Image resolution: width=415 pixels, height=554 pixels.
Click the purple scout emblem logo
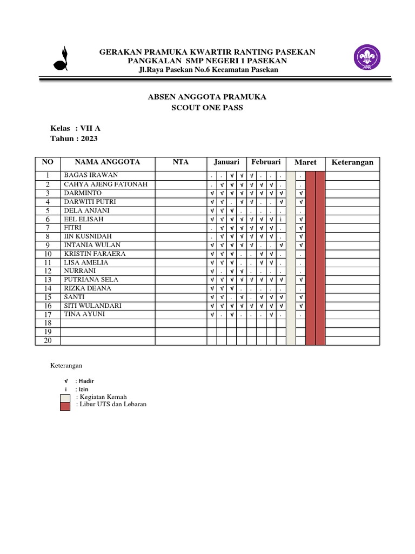point(367,58)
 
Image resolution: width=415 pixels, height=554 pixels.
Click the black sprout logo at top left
point(61,59)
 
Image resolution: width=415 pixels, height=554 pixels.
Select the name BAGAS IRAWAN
point(91,175)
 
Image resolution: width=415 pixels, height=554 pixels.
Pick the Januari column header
point(226,162)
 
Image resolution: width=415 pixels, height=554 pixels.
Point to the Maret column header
point(305,162)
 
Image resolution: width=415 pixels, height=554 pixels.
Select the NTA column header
point(180,162)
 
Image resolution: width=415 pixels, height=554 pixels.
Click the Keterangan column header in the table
point(352,162)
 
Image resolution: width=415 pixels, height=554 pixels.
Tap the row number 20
point(48,340)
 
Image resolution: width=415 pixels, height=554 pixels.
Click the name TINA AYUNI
point(85,314)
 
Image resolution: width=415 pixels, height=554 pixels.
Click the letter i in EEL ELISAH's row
point(281,219)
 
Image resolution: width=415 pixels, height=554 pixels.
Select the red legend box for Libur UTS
point(65,406)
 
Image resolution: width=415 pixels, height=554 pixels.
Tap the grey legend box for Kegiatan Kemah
point(65,398)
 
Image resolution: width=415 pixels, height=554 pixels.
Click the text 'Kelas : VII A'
point(75,128)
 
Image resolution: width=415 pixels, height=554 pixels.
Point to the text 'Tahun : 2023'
point(74,138)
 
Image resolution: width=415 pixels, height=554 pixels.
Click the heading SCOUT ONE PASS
point(207,108)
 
